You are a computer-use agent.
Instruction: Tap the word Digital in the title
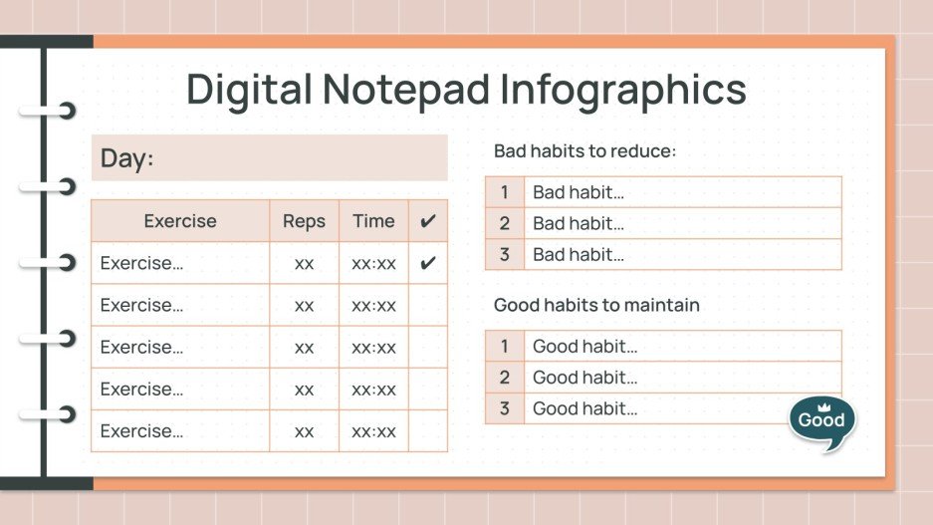click(248, 90)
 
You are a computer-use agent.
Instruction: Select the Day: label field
click(269, 157)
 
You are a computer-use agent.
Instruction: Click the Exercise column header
click(180, 221)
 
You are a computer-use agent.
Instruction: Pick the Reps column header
click(304, 221)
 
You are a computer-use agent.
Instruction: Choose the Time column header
click(373, 221)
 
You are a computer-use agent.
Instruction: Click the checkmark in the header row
click(428, 221)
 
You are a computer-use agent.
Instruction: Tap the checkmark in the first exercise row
click(428, 264)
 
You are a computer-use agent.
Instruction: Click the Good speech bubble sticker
click(821, 421)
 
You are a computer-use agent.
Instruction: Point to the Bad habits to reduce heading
click(585, 151)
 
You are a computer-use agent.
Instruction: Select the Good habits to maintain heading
click(596, 305)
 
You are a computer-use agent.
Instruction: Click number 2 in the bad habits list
click(505, 224)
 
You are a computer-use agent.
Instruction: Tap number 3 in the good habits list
click(505, 408)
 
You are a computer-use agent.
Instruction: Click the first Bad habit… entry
click(579, 193)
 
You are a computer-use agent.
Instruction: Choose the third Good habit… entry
click(584, 408)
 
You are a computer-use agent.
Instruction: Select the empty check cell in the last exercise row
click(428, 431)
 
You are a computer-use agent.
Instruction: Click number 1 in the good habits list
click(505, 347)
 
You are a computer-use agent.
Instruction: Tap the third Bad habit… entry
click(579, 255)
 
